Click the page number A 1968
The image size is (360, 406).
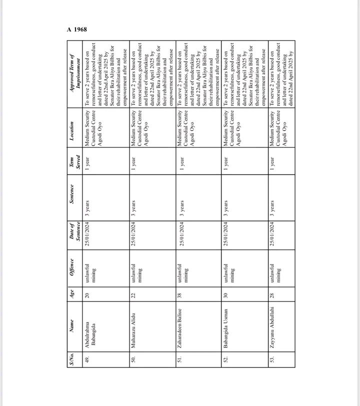[77, 29]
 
